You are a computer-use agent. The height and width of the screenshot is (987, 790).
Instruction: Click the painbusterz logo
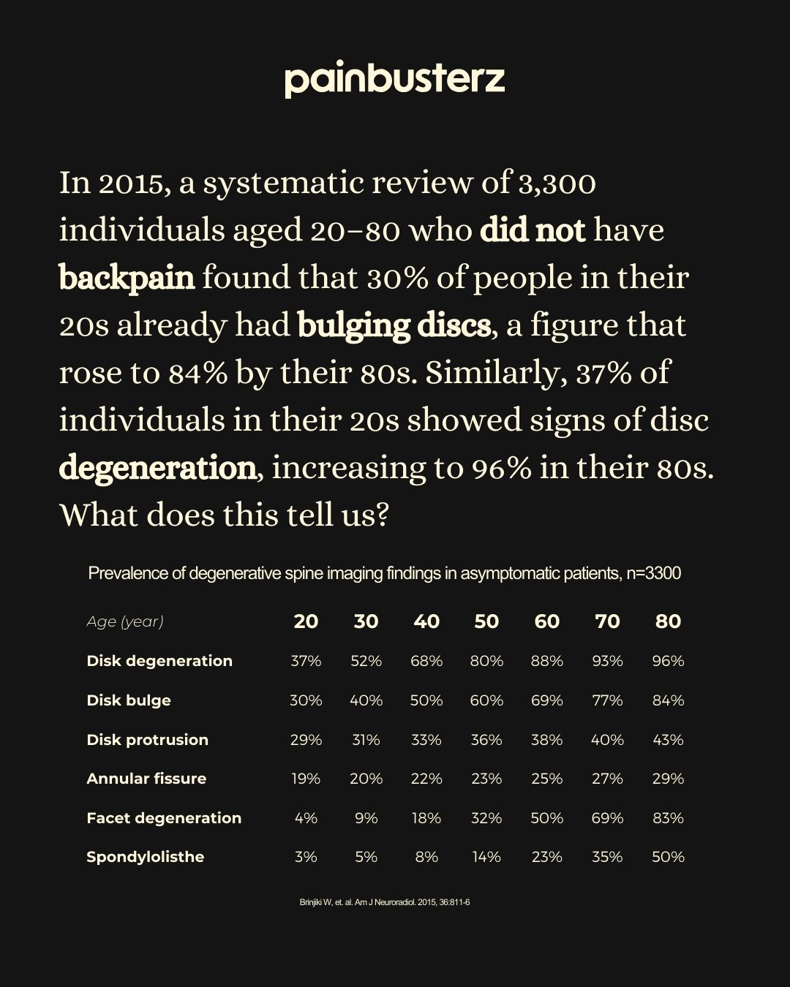click(394, 80)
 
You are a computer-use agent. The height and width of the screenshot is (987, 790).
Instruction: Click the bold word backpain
click(127, 278)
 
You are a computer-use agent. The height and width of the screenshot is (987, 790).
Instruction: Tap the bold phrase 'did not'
click(533, 230)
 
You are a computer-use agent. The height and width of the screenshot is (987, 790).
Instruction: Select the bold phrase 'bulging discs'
click(394, 325)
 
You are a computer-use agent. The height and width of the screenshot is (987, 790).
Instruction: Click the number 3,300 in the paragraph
click(557, 183)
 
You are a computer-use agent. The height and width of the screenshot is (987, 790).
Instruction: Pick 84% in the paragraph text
click(198, 373)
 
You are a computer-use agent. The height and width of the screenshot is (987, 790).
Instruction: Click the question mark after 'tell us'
click(380, 515)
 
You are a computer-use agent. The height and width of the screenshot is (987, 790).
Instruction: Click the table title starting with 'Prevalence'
click(384, 573)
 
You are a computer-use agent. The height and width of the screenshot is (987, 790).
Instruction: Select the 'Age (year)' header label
click(125, 621)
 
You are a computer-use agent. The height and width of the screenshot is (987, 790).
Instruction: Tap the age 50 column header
click(486, 621)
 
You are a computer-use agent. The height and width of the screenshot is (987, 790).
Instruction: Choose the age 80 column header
click(668, 621)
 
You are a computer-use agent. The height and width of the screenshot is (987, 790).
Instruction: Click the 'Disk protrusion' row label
click(147, 739)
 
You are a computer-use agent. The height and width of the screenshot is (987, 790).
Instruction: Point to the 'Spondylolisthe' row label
click(145, 857)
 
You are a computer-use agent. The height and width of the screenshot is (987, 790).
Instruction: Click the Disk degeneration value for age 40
click(426, 661)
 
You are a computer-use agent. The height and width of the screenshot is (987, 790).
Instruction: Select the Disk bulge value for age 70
click(607, 700)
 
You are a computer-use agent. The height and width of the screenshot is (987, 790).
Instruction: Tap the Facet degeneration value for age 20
click(306, 818)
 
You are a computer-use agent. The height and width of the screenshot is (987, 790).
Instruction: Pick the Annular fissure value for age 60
click(546, 779)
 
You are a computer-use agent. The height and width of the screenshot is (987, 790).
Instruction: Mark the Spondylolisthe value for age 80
click(668, 857)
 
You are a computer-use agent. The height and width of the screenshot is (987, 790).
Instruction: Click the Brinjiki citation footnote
click(384, 902)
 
